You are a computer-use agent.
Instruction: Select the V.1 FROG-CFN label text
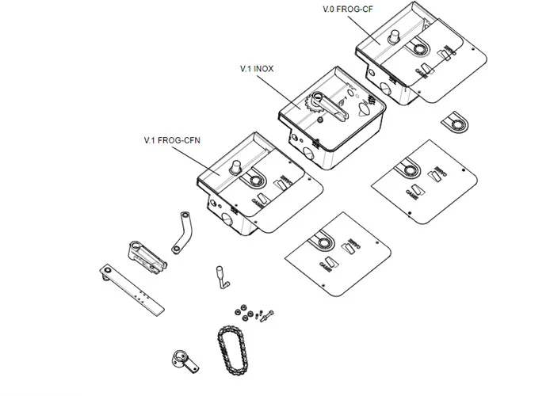pyautogui.click(x=171, y=140)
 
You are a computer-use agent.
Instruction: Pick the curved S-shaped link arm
pyautogui.click(x=180, y=232)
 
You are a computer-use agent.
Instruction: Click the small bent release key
pyautogui.click(x=218, y=275)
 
